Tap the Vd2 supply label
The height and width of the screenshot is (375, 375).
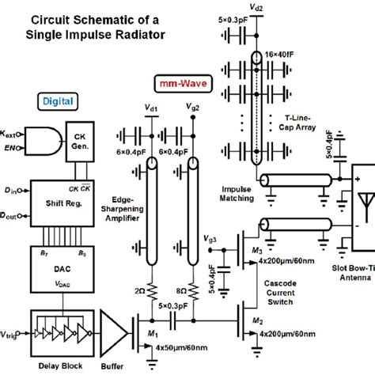pos(256,6)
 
